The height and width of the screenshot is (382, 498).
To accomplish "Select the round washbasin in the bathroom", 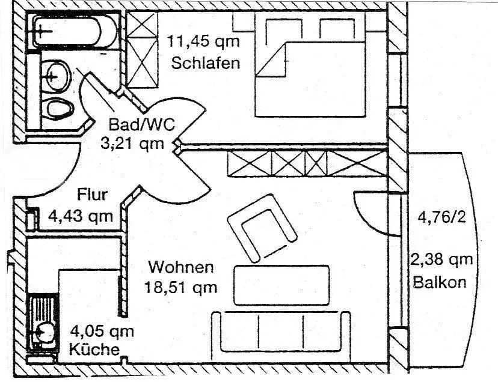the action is coord(55,75).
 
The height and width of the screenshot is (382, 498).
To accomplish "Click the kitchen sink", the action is coord(43,329).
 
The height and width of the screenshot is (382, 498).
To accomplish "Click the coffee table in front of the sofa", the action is coord(281,285).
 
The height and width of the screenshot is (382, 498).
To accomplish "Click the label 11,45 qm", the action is coord(203,42).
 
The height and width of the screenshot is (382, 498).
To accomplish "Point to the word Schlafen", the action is coord(206,62).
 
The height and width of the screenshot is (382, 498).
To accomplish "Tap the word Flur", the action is coord(92,195).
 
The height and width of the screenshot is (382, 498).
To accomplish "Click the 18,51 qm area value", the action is coord(180,286).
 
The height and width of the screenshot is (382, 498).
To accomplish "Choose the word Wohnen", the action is coord(181,266).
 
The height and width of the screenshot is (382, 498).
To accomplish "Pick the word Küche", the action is coord(93,350).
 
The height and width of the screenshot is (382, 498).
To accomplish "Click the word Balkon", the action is coord(440,282).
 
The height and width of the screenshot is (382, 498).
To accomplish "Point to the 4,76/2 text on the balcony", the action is coord(441,216).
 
